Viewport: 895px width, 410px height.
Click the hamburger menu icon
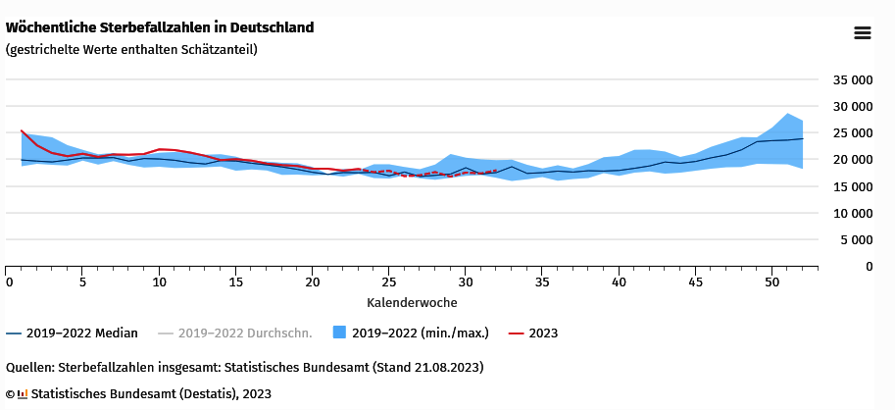(863, 33)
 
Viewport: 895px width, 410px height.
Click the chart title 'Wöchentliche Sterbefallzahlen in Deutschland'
(160, 27)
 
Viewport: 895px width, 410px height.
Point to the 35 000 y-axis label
(852, 79)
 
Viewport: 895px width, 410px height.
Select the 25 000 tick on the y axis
(852, 132)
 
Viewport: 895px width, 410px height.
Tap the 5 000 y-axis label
(856, 239)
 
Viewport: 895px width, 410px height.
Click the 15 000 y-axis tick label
(852, 186)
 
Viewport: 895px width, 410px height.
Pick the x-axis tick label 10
(160, 282)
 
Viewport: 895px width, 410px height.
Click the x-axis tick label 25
(388, 282)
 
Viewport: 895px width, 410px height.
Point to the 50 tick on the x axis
(771, 282)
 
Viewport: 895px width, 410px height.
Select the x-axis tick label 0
(9, 282)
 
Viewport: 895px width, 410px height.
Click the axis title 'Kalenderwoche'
(412, 302)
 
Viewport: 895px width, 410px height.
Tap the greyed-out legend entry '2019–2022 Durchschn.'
(245, 333)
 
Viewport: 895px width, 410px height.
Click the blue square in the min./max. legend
(340, 333)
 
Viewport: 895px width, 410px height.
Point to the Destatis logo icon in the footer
(23, 394)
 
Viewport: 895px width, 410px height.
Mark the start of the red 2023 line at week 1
(22, 130)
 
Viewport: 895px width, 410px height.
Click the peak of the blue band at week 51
(787, 114)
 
